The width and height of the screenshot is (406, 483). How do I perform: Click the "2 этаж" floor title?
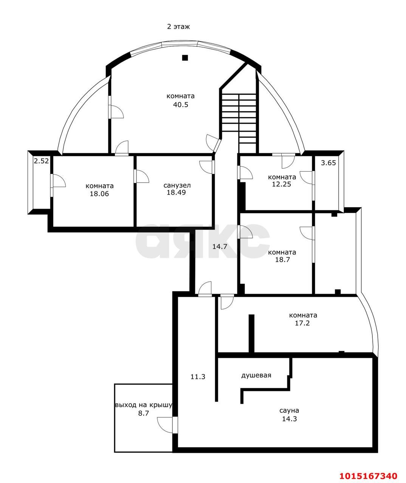coord(178,27)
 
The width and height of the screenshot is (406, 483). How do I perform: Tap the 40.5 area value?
coord(181,105)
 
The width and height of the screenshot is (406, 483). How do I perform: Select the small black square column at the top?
coord(185,58)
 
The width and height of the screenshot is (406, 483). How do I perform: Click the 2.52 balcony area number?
coord(42,161)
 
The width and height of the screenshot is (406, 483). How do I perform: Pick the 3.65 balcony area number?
coord(328,163)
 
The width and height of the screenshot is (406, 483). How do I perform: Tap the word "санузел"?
coord(177,185)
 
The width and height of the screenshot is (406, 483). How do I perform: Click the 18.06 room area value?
coord(99,194)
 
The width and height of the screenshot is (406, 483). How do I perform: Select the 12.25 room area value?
coord(282,184)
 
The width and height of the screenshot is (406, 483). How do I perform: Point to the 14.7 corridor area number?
coord(220,246)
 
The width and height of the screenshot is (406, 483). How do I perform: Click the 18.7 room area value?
coord(282,260)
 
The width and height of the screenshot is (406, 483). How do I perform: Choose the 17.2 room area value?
coord(302,323)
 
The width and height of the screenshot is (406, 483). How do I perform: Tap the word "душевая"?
coord(256,375)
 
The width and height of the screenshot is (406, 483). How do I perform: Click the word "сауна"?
coord(289,411)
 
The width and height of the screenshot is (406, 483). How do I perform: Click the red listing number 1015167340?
coord(369,474)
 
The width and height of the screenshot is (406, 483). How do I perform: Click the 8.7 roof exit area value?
coord(143,413)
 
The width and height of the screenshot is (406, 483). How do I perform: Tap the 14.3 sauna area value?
coord(290,419)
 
